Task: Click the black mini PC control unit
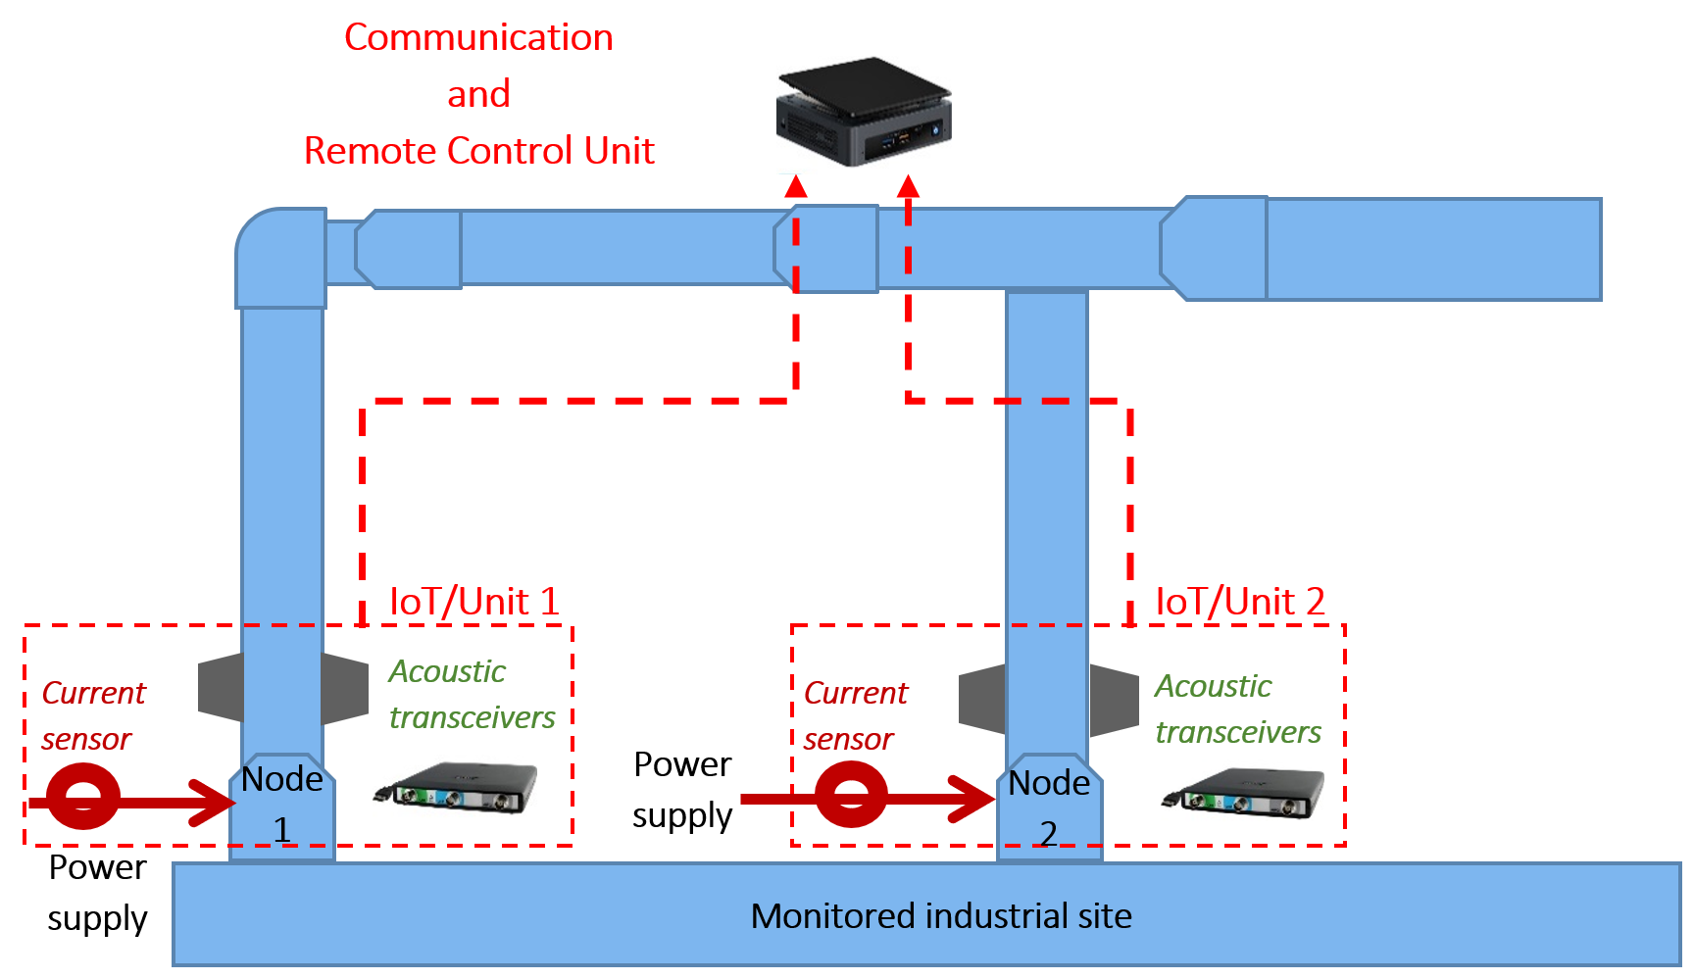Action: [863, 112]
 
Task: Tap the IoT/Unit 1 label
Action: [474, 602]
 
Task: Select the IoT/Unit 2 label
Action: [1240, 602]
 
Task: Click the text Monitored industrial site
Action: [941, 916]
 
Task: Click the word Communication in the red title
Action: [478, 38]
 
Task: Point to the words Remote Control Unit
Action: [478, 151]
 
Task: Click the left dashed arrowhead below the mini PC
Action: [796, 185]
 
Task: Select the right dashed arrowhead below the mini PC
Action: [909, 185]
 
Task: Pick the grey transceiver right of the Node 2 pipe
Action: [1115, 700]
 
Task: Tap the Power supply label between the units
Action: [682, 790]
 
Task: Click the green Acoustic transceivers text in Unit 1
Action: [472, 695]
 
